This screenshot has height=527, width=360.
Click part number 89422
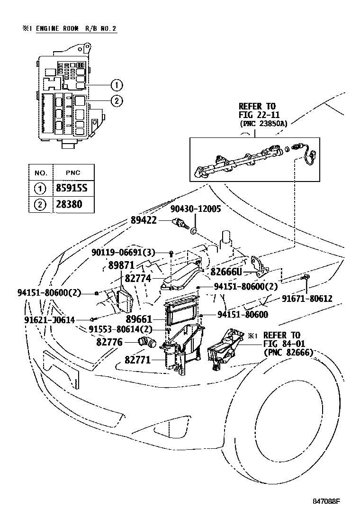click(144, 220)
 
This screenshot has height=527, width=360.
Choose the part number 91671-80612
click(307, 298)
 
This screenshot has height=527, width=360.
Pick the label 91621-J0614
click(50, 320)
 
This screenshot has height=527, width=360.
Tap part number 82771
click(138, 360)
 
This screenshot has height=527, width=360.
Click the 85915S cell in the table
click(73, 188)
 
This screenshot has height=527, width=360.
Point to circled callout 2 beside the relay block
click(117, 100)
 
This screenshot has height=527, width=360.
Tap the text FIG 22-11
click(258, 115)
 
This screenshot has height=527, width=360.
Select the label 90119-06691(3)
click(123, 253)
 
